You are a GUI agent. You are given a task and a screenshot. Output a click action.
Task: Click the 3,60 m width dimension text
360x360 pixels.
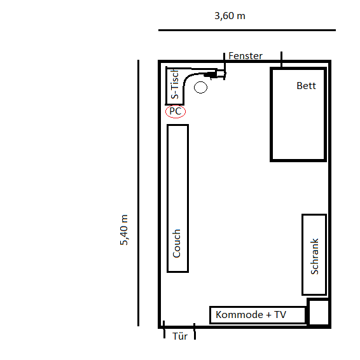[230, 16]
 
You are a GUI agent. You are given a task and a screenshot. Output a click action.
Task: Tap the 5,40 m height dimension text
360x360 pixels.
[124, 230]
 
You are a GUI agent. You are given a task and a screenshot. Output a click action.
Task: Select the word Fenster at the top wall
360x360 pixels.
[246, 56]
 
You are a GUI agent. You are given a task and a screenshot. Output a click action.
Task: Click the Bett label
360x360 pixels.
[306, 86]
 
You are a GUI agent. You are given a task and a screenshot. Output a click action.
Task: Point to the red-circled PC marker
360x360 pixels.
[176, 111]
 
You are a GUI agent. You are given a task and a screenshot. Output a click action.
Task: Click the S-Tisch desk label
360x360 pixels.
[175, 84]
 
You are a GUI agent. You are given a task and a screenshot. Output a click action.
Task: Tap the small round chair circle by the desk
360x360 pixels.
[200, 88]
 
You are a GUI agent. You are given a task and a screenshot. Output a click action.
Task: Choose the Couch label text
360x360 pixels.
[177, 244]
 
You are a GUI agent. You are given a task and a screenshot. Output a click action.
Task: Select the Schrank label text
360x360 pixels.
[315, 256]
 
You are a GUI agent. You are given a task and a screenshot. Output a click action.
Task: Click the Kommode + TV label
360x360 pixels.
[251, 315]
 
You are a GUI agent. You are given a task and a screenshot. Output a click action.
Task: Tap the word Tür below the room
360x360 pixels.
[180, 336]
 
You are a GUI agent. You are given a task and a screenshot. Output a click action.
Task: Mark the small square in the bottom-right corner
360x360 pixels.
[318, 312]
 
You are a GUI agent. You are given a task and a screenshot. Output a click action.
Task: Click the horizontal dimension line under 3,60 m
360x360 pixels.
[247, 30]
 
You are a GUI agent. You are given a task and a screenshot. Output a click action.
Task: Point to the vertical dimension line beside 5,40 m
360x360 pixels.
[138, 193]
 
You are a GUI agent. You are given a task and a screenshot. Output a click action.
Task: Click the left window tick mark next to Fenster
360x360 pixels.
[225, 66]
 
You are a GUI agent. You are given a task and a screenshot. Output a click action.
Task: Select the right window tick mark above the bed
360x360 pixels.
[282, 59]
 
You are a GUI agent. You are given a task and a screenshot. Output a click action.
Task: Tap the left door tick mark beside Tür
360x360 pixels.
[164, 329]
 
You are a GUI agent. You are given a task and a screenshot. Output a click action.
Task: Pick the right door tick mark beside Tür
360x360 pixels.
[195, 331]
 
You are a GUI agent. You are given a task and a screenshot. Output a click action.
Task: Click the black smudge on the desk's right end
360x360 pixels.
[211, 74]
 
